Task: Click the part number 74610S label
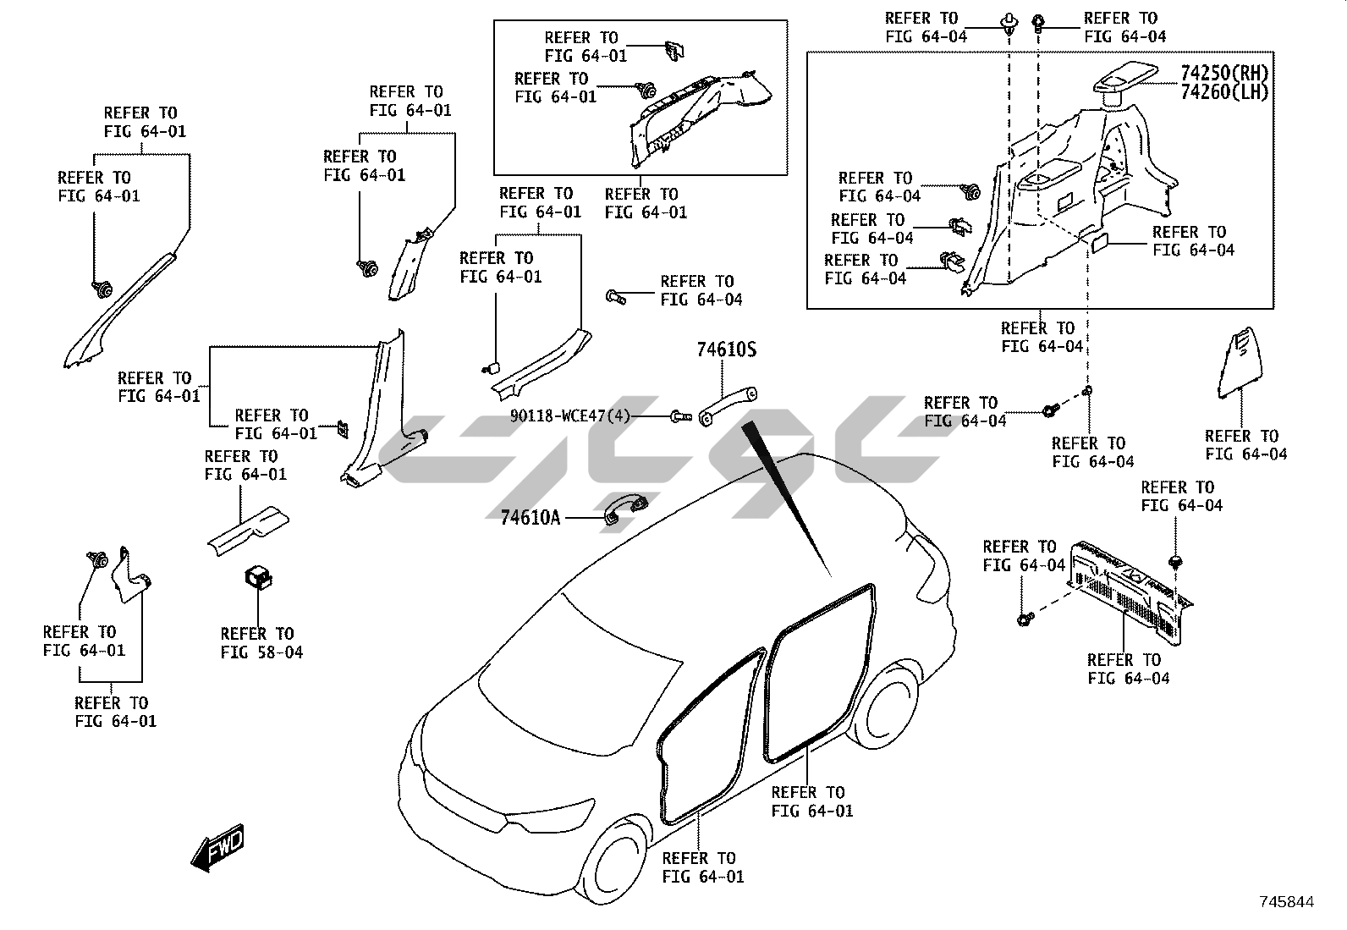726,349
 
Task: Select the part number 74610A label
531,517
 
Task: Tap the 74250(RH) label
1224,73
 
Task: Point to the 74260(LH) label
1224,92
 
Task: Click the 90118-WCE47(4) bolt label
570,416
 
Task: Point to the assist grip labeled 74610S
728,403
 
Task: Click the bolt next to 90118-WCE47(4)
679,415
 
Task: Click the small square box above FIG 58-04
256,576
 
